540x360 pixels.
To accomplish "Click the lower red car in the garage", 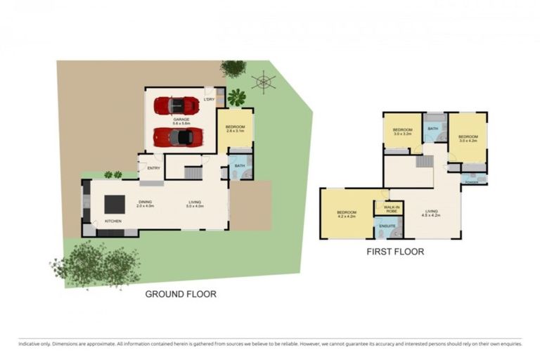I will coord(179,136).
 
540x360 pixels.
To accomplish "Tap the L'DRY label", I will coord(208,100).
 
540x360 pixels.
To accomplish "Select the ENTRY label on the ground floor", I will coord(153,168).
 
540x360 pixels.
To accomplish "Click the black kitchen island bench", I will coord(114,204).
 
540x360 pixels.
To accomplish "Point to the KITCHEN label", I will coord(113,221).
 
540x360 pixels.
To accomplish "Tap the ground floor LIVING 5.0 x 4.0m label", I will coord(194,204).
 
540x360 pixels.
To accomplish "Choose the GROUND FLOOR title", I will coord(181,294).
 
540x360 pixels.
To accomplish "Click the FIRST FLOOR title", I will coord(395,251).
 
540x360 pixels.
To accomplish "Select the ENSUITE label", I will coord(387,225).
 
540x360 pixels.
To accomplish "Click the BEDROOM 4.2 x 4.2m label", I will coord(347,213).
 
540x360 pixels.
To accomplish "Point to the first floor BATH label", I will coord(432,129).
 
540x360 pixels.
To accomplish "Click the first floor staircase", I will coord(424,162).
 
